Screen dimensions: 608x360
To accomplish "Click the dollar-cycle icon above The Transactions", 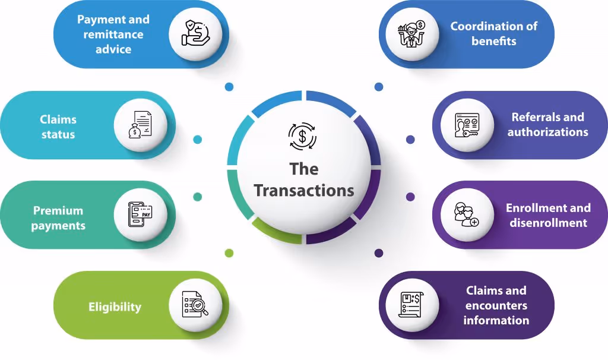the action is click(x=302, y=136).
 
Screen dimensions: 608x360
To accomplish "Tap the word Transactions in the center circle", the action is click(x=304, y=191).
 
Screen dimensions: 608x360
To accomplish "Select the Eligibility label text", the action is click(x=115, y=307).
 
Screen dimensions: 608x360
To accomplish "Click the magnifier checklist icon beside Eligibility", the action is click(x=195, y=304).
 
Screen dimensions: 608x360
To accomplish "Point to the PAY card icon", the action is click(x=140, y=214).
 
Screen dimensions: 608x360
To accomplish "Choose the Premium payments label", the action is click(x=58, y=218).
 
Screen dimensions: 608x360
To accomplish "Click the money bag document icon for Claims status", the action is click(x=140, y=125).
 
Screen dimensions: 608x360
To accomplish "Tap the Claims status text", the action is click(x=58, y=127).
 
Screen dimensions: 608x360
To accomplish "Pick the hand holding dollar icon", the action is click(x=195, y=33).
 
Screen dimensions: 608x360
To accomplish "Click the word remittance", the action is click(x=113, y=34).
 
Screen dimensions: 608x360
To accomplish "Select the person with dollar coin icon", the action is click(x=411, y=34).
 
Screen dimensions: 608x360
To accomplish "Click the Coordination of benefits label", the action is click(x=493, y=33).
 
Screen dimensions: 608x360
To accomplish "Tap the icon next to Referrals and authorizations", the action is click(x=467, y=125).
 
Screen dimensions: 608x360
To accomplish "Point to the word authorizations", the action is click(x=548, y=132).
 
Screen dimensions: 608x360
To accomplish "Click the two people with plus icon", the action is click(x=467, y=214).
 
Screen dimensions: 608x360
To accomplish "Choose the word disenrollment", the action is click(x=548, y=223).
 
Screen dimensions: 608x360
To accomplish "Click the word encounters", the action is click(x=496, y=306).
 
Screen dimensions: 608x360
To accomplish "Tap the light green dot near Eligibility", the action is click(x=229, y=253).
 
